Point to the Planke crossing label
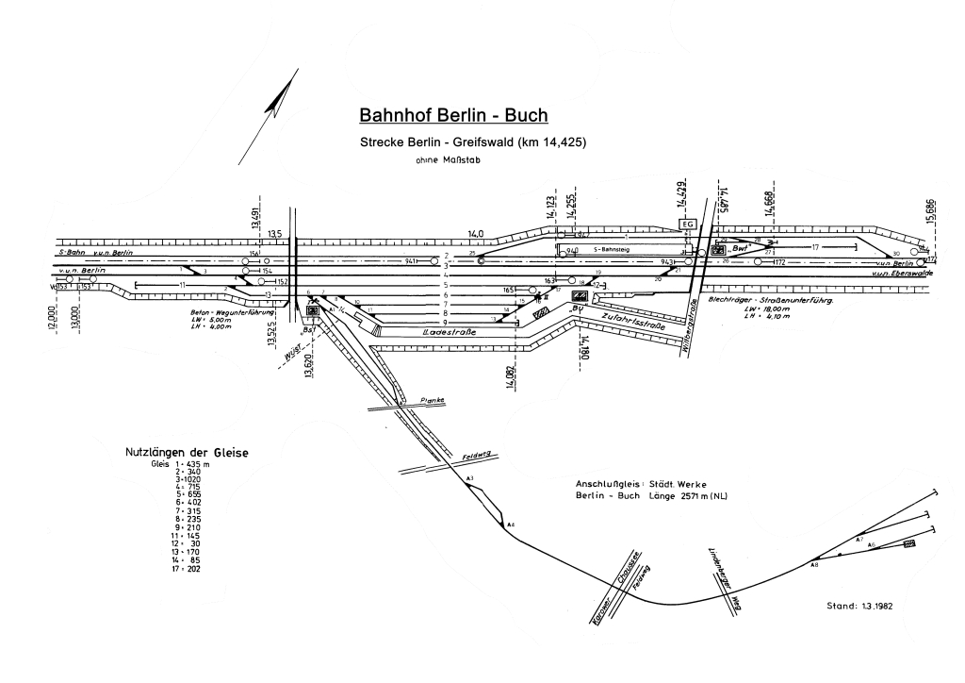coord(432,400)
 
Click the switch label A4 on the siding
coord(510,525)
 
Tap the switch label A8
coord(814,564)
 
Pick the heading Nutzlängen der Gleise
coord(187,453)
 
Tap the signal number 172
coord(779,261)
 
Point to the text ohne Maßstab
coord(446,160)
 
